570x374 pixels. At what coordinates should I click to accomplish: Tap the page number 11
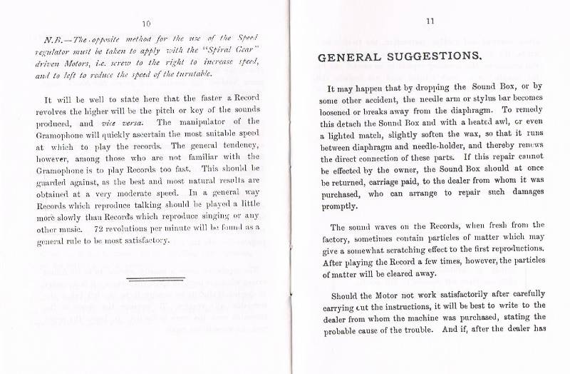(x=430, y=22)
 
